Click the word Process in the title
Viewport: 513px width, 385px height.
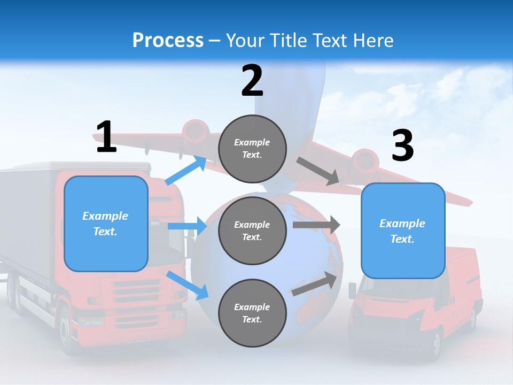tap(168, 41)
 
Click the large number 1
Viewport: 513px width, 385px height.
tap(106, 137)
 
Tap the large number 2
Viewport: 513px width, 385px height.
tap(252, 81)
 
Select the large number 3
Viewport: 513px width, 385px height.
tap(403, 146)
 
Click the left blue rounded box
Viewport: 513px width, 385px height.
tap(106, 224)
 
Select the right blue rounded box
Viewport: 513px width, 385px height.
tap(403, 230)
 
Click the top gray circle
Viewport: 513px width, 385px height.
tap(252, 149)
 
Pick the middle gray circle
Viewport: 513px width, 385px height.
tap(252, 230)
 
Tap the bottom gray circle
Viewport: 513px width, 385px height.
tap(252, 313)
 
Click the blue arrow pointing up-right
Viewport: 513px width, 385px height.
tap(186, 170)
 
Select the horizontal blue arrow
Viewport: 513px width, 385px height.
tap(187, 226)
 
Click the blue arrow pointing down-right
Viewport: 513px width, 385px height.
tap(188, 284)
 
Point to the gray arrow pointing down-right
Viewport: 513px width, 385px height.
tap(318, 172)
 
